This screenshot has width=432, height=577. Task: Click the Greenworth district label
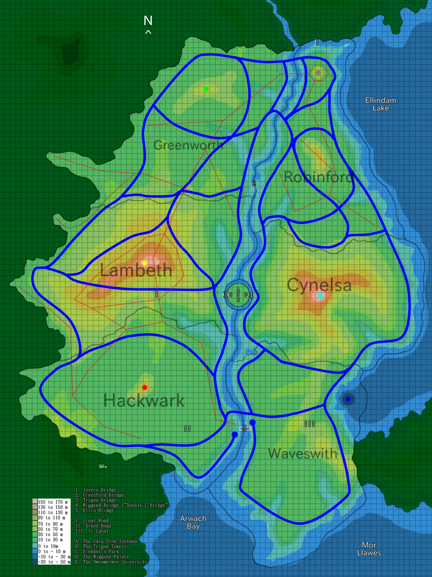coord(188,145)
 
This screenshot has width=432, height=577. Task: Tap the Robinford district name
coord(318,177)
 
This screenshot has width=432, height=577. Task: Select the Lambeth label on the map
coord(136,271)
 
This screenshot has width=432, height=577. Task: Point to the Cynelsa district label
coord(319,285)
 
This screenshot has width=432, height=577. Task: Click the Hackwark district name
coord(144,401)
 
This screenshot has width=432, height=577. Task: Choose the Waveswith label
coord(303,454)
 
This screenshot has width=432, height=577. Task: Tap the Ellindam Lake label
coord(380,104)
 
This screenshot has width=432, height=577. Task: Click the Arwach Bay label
coord(193,522)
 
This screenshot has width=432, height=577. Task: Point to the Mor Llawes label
coord(369,549)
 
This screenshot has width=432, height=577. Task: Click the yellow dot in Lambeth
coord(144,263)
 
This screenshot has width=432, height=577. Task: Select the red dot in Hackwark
coord(144,387)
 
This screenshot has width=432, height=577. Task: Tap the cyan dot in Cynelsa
coord(320,296)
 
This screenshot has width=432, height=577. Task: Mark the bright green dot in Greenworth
coord(206,89)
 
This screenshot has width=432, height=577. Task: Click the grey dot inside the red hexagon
coord(318,73)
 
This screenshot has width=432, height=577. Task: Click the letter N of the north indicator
coord(148,21)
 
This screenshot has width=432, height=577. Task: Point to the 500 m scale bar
coord(103,466)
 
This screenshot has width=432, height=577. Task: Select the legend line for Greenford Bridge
coord(100,495)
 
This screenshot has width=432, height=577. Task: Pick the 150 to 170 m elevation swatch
coord(35,502)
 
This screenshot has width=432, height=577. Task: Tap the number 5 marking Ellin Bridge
coord(245,429)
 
